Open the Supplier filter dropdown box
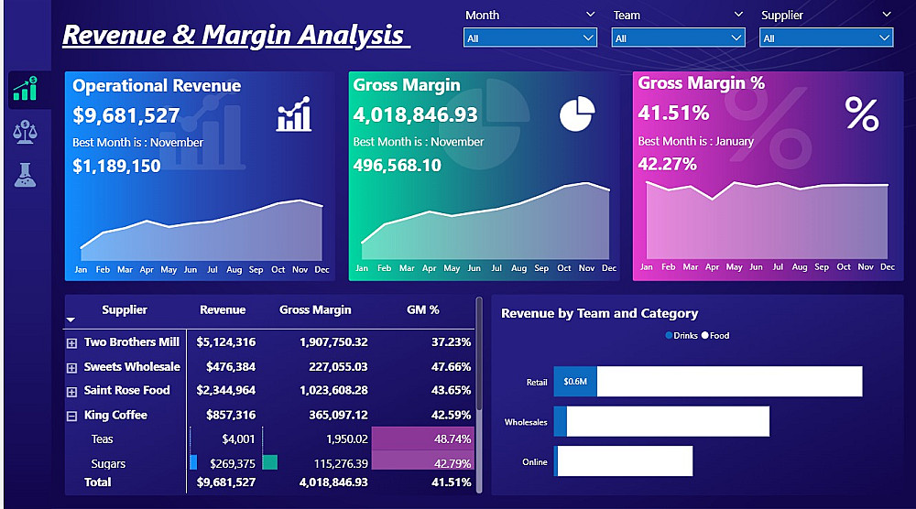825,38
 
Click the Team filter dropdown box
678,38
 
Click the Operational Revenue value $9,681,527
126,115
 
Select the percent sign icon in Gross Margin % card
861,114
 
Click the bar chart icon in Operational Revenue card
294,115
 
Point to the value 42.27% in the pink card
668,164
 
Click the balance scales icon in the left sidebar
25,132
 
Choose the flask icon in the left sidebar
25,174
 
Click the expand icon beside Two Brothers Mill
71,343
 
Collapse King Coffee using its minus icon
71,416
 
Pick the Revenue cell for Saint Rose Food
226,390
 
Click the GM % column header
422,310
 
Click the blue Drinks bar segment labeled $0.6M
575,382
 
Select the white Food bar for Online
625,461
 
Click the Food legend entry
715,336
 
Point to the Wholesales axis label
526,422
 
